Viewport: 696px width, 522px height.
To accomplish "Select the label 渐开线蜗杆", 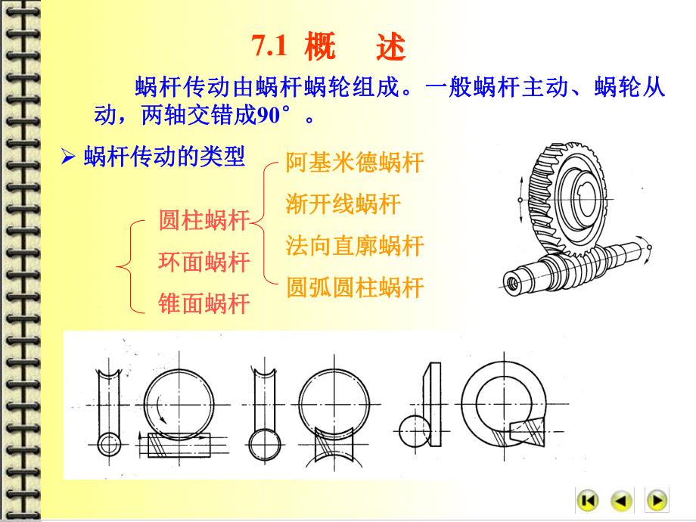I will [x=343, y=204].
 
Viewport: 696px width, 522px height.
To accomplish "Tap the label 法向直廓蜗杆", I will [x=354, y=245].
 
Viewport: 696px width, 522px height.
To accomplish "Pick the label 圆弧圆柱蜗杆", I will [x=354, y=287].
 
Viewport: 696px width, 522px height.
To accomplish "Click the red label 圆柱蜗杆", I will [x=204, y=221].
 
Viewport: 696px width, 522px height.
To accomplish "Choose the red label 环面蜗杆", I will [x=204, y=262].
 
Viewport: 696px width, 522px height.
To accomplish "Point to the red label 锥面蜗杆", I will [x=204, y=303].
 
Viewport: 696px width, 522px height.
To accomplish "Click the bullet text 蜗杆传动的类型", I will [x=164, y=158].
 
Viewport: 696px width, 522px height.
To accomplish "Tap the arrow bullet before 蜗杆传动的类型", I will [x=68, y=159].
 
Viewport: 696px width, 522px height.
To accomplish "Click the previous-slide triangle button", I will [x=622, y=500].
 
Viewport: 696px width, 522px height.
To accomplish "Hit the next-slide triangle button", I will [x=656, y=500].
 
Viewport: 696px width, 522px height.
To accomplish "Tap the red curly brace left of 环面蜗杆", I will [x=126, y=265].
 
